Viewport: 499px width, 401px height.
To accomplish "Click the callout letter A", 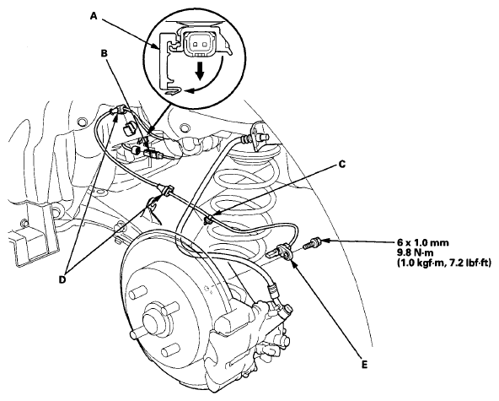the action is click(94, 16).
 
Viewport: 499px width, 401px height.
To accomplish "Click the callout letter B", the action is click(105, 53).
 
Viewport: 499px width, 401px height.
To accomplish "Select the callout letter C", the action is click(341, 165).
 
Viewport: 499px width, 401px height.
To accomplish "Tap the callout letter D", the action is click(62, 279).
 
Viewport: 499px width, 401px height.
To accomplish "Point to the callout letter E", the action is click(364, 365).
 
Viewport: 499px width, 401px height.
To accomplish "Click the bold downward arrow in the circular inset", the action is click(200, 71).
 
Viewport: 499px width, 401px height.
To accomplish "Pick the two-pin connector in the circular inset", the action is click(199, 42).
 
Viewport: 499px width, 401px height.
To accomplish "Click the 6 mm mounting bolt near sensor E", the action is click(313, 243).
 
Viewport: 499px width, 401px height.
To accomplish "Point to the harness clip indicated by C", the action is click(207, 220).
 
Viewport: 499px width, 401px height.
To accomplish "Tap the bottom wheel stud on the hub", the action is click(169, 351).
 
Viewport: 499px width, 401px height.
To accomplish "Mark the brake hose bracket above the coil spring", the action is click(259, 136).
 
